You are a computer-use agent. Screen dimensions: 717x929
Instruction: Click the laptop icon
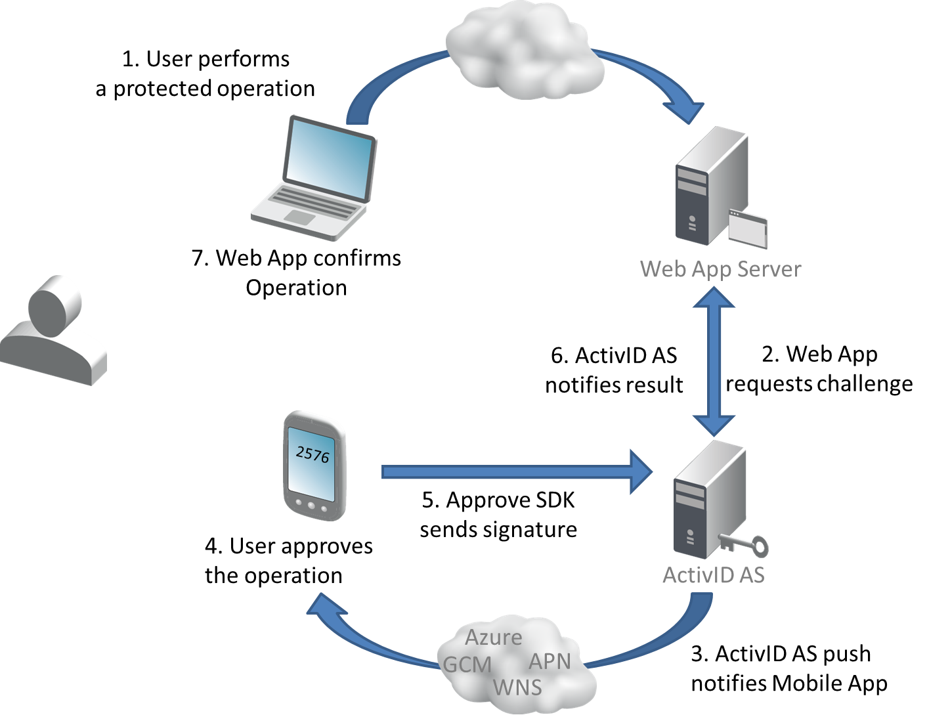point(314,177)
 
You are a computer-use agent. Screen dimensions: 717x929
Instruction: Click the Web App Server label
point(720,269)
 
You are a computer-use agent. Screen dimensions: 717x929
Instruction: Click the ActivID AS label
point(713,575)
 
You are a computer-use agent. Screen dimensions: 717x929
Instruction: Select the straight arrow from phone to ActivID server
point(512,472)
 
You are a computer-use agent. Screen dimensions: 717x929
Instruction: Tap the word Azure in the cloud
point(493,637)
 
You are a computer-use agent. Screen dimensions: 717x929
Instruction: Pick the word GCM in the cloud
point(467,664)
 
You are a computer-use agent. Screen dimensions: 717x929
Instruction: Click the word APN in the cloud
point(549,661)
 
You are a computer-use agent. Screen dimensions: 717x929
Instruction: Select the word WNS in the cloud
point(517,687)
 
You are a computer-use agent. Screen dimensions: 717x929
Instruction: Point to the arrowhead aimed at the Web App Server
point(687,108)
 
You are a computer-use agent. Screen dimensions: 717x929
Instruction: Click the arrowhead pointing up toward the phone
point(325,607)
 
